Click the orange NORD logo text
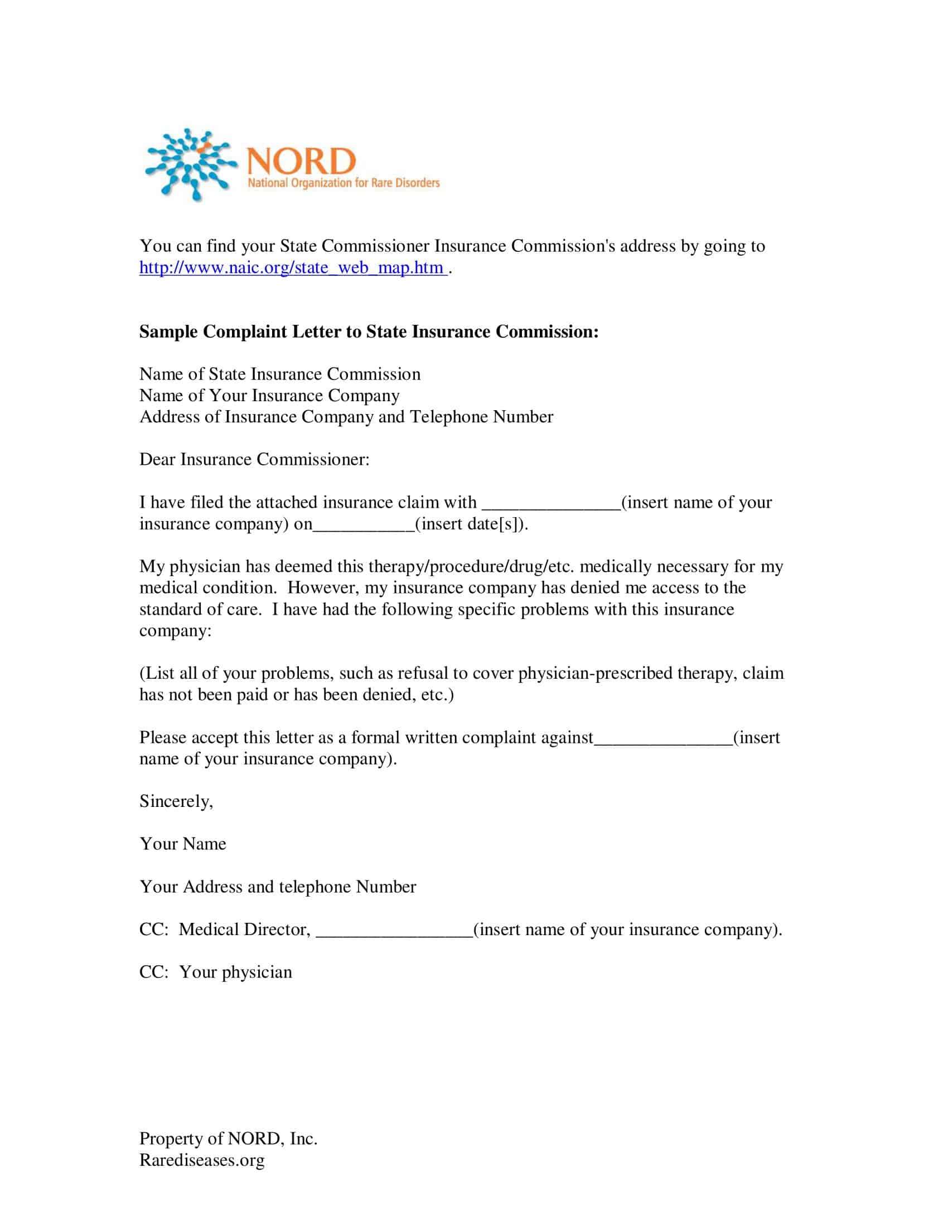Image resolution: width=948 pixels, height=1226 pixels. click(301, 162)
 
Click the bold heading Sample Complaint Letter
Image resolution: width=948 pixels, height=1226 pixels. click(369, 332)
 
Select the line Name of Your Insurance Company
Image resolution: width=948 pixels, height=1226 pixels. click(269, 396)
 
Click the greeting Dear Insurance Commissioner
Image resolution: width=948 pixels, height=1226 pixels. click(254, 460)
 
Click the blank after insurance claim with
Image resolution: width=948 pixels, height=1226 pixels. click(551, 504)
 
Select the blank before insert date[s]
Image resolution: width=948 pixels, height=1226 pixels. click(364, 525)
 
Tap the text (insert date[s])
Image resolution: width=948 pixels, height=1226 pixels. click(471, 524)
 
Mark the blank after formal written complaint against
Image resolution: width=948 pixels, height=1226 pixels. click(663, 739)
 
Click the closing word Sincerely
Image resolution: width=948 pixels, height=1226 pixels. click(176, 801)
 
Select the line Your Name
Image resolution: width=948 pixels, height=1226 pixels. click(182, 844)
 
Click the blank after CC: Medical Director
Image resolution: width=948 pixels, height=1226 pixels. click(394, 931)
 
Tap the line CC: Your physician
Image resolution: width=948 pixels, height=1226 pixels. click(216, 972)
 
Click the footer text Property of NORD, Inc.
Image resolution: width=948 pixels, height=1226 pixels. click(228, 1139)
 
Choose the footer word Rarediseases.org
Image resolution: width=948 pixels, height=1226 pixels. click(202, 1160)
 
